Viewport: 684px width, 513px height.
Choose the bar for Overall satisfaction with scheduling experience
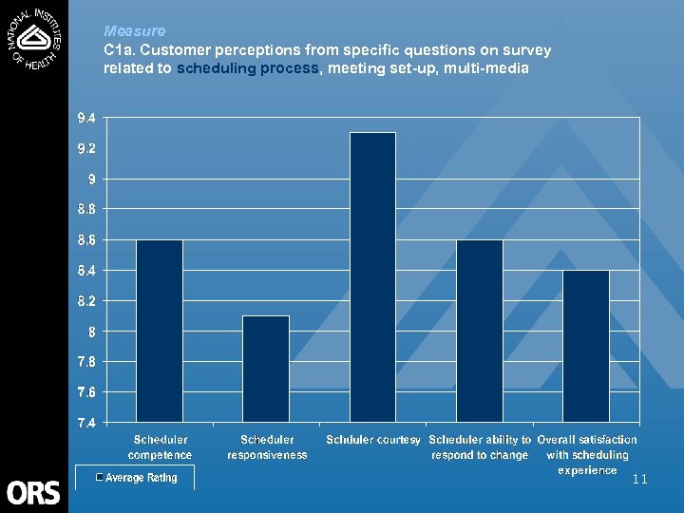point(586,346)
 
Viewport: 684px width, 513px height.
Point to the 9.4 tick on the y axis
point(85,118)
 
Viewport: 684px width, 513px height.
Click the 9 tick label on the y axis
point(92,179)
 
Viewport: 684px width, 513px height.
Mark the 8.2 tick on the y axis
point(85,301)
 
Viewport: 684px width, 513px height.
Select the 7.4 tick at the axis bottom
point(85,423)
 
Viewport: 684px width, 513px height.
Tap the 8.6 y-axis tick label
point(85,240)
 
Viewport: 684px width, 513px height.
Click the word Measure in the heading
point(134,31)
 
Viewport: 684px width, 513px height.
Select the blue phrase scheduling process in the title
point(250,69)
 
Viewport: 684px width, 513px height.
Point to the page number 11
point(639,480)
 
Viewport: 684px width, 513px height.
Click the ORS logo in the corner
point(33,492)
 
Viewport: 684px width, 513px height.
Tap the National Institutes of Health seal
point(34,38)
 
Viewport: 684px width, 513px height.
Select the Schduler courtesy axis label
point(373,440)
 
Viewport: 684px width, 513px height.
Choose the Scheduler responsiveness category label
point(267,447)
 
